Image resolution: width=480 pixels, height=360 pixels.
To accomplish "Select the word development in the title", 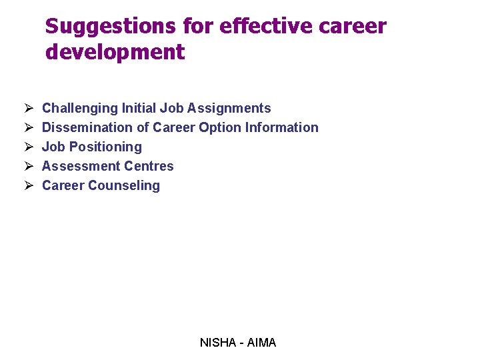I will click(115, 52).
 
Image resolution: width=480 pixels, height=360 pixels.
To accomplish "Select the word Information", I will click(282, 127).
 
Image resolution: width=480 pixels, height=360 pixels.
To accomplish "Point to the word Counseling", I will click(126, 185).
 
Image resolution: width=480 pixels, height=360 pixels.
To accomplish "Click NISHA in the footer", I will click(217, 343).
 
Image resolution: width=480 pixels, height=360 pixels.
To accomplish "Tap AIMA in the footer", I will click(261, 343).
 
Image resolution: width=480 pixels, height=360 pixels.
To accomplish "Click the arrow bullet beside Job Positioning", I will click(29, 147).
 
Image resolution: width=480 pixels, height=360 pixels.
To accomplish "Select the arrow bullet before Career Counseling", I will click(29, 185).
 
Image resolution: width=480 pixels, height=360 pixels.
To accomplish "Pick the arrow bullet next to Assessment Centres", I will click(29, 166).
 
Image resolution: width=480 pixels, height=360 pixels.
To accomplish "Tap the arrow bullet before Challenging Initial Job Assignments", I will click(29, 108).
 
